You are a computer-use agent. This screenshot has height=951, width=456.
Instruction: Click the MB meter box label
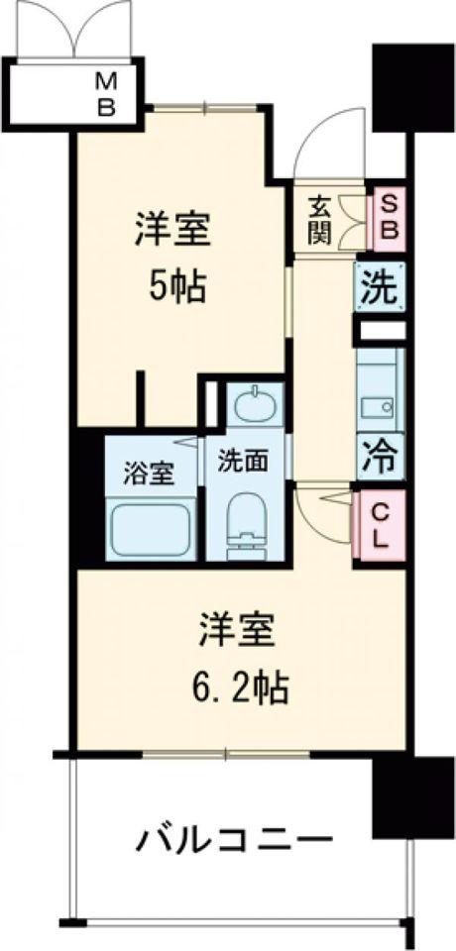point(107,93)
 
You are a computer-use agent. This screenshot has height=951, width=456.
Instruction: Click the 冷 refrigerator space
point(381,458)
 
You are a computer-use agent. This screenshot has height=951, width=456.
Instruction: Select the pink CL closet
point(380,525)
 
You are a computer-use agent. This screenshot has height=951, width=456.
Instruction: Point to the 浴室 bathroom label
point(150,475)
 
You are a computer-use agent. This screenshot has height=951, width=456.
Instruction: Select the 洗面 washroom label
point(244,464)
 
